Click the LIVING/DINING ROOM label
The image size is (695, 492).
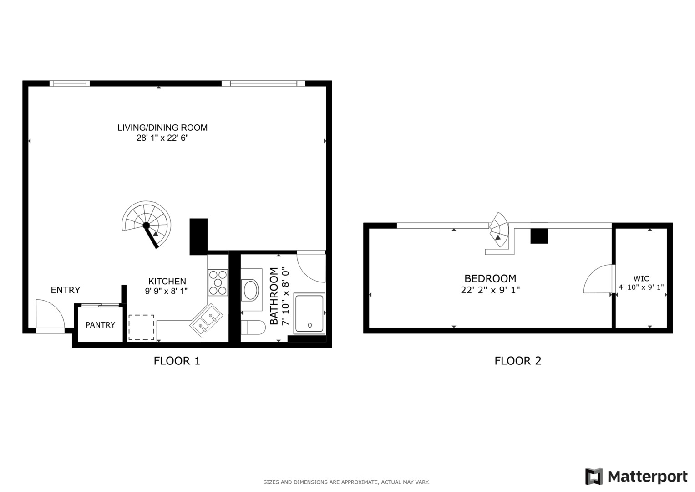click(x=162, y=128)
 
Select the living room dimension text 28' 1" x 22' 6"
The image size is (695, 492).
click(x=162, y=138)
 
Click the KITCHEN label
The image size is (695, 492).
click(x=167, y=282)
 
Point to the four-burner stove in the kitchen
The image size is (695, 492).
click(x=218, y=282)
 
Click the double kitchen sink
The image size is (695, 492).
click(x=206, y=320)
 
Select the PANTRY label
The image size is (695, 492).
click(x=100, y=325)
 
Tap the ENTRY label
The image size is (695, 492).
click(x=65, y=290)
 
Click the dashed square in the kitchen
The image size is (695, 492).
click(x=141, y=327)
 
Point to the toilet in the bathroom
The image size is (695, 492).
click(x=253, y=328)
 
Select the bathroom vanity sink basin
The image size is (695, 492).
click(x=251, y=290)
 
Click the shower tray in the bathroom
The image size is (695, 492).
click(x=309, y=313)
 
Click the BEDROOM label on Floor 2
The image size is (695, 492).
click(x=490, y=278)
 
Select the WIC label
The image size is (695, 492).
click(x=641, y=279)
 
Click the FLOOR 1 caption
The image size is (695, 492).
click(x=177, y=361)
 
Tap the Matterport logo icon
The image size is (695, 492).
click(x=594, y=477)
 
